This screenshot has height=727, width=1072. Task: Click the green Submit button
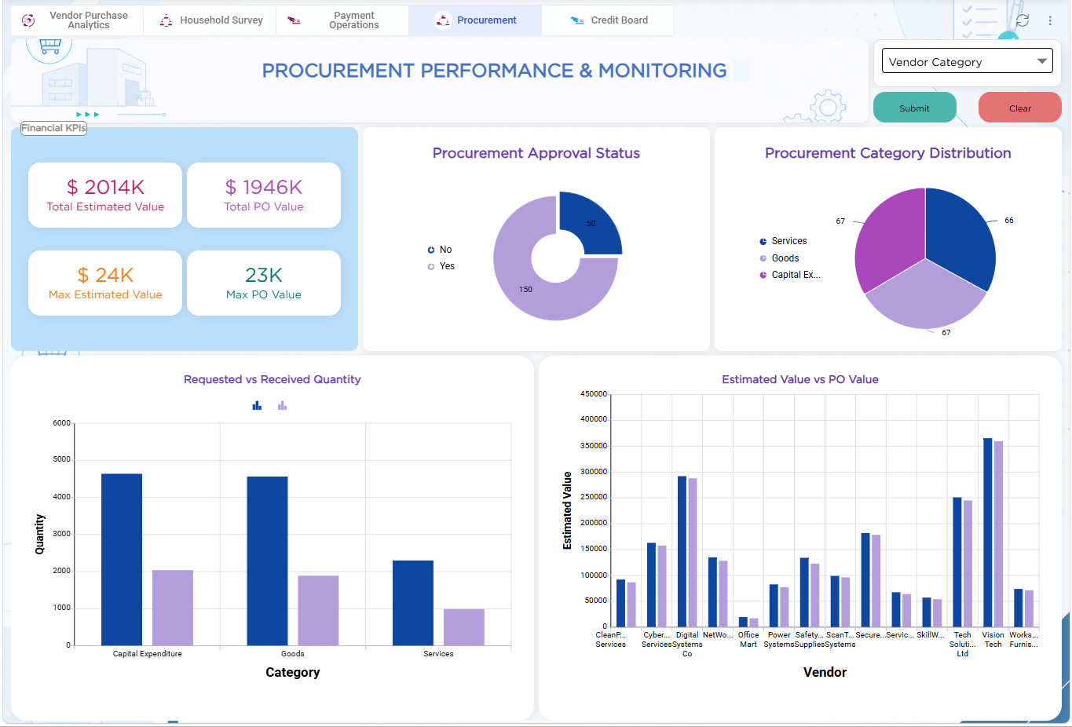914,108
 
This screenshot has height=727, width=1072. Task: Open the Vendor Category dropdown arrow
1041,61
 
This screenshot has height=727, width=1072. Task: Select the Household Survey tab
210,20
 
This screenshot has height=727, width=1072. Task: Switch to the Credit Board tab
609,20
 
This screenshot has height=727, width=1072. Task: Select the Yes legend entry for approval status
441,266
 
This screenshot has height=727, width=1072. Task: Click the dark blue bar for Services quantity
413,603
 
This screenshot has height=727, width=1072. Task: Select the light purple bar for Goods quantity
318,610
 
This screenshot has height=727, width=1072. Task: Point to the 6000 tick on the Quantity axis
62,423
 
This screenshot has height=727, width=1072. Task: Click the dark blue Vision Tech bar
988,532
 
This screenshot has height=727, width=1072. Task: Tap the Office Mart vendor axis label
748,640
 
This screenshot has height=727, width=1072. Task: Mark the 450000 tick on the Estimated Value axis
594,394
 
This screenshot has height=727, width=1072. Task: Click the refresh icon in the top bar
1023,20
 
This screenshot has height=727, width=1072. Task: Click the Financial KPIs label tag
53,128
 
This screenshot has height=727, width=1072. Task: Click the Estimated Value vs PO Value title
799,379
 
